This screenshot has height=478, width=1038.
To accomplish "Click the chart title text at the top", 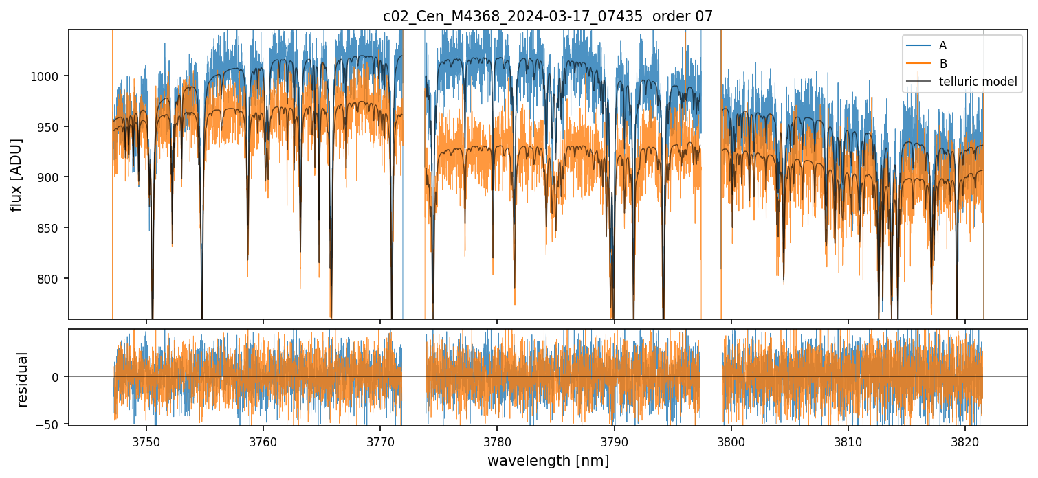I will coord(548,16).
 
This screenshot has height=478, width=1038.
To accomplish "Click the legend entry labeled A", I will coord(942,45).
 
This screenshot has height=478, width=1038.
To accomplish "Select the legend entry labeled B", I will coord(942,64).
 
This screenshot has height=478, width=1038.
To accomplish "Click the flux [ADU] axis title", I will coord(16,174).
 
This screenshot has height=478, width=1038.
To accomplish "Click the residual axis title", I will coord(23,379).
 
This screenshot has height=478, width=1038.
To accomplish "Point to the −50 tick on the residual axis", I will coord(50,424).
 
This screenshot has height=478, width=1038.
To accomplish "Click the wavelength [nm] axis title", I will coord(548,461).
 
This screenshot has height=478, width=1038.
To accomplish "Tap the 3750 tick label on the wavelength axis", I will coord(146,441).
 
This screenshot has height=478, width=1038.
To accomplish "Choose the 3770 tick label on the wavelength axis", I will coord(380,441).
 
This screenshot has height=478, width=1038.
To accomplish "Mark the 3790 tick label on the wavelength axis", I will coord(614,441).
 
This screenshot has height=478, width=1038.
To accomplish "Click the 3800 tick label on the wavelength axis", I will coord(731,441).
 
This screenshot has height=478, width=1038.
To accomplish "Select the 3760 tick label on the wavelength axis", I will coord(263,441).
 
